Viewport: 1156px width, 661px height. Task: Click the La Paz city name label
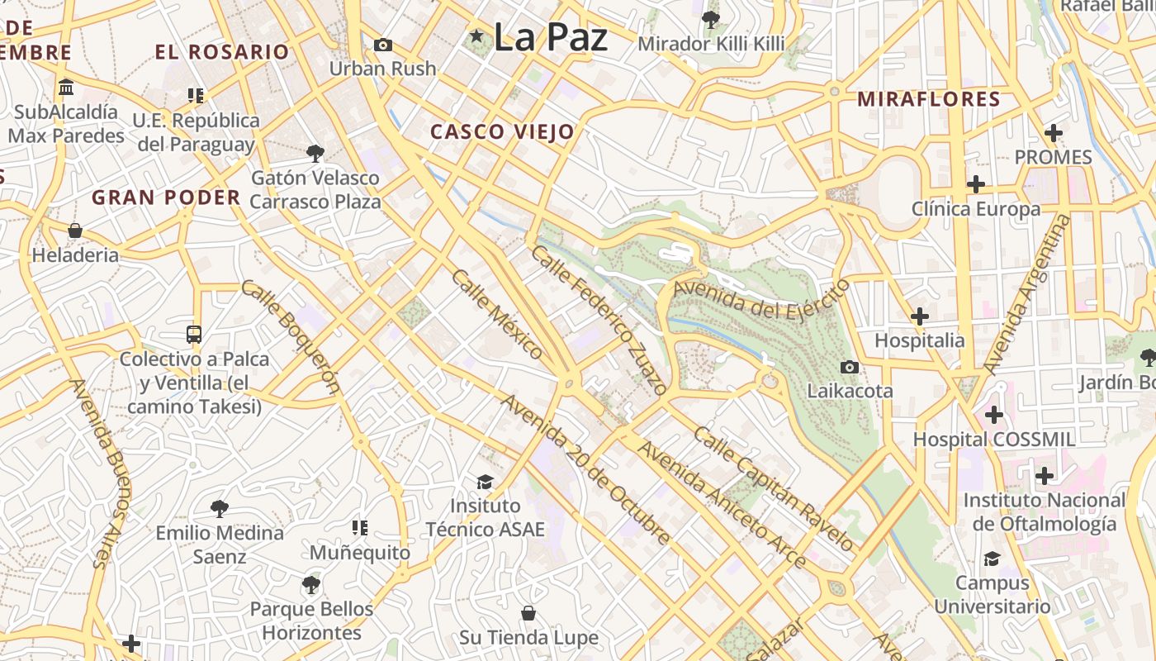(550, 38)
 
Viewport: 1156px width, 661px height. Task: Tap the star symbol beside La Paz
(476, 36)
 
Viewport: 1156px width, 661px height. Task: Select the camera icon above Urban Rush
(383, 45)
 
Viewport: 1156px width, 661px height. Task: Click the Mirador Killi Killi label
(710, 43)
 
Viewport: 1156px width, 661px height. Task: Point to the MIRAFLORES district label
(928, 100)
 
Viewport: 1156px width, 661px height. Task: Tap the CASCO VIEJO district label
(502, 132)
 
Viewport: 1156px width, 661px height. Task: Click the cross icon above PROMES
(1053, 132)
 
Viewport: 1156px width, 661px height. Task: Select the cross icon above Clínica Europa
(976, 183)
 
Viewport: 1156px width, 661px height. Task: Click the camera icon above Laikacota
(849, 367)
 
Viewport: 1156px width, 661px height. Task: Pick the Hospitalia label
(919, 340)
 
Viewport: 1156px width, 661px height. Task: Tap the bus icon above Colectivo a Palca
(194, 335)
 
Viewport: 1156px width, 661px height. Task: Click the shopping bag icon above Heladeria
(75, 231)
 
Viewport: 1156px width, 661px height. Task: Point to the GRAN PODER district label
(166, 197)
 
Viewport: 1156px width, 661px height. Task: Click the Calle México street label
(497, 315)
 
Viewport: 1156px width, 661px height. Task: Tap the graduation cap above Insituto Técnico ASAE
(485, 482)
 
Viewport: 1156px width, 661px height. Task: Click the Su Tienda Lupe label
(528, 638)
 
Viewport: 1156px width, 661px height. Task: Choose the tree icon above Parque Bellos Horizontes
(310, 585)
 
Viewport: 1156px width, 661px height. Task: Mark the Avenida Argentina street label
(1026, 294)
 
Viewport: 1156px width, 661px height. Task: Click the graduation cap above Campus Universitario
(992, 559)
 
